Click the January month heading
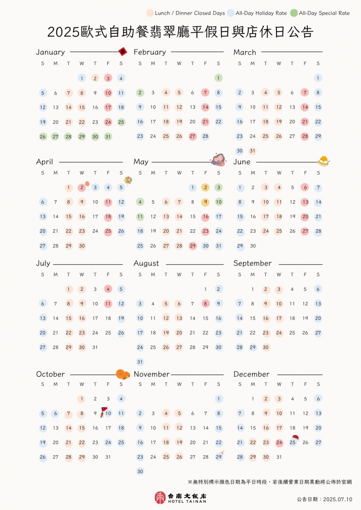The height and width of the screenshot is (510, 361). [x=50, y=52]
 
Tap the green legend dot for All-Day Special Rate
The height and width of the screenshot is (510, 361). [x=293, y=13]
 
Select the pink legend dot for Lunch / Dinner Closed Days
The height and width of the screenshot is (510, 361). [x=150, y=13]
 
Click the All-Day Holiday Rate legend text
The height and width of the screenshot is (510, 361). [x=261, y=13]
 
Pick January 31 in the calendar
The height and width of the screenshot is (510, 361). [x=108, y=137]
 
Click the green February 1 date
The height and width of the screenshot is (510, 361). [x=219, y=78]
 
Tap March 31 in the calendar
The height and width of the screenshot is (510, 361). [x=252, y=151]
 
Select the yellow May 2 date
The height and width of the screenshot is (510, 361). [x=205, y=187]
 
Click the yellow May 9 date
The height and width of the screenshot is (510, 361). [x=205, y=202]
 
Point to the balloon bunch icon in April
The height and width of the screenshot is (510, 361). [x=128, y=181]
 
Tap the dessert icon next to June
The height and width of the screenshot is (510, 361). [x=323, y=160]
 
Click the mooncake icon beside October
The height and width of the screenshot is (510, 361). [x=123, y=374]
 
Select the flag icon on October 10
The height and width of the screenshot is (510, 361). [x=104, y=411]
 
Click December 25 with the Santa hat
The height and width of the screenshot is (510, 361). [x=293, y=442]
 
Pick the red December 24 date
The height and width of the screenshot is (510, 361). [x=279, y=443]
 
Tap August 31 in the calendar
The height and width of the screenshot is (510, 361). [x=140, y=362]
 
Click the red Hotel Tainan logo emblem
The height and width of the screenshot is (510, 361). [x=160, y=497]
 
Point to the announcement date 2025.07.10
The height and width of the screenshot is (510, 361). [x=324, y=499]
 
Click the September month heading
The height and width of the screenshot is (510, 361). [x=252, y=263]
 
